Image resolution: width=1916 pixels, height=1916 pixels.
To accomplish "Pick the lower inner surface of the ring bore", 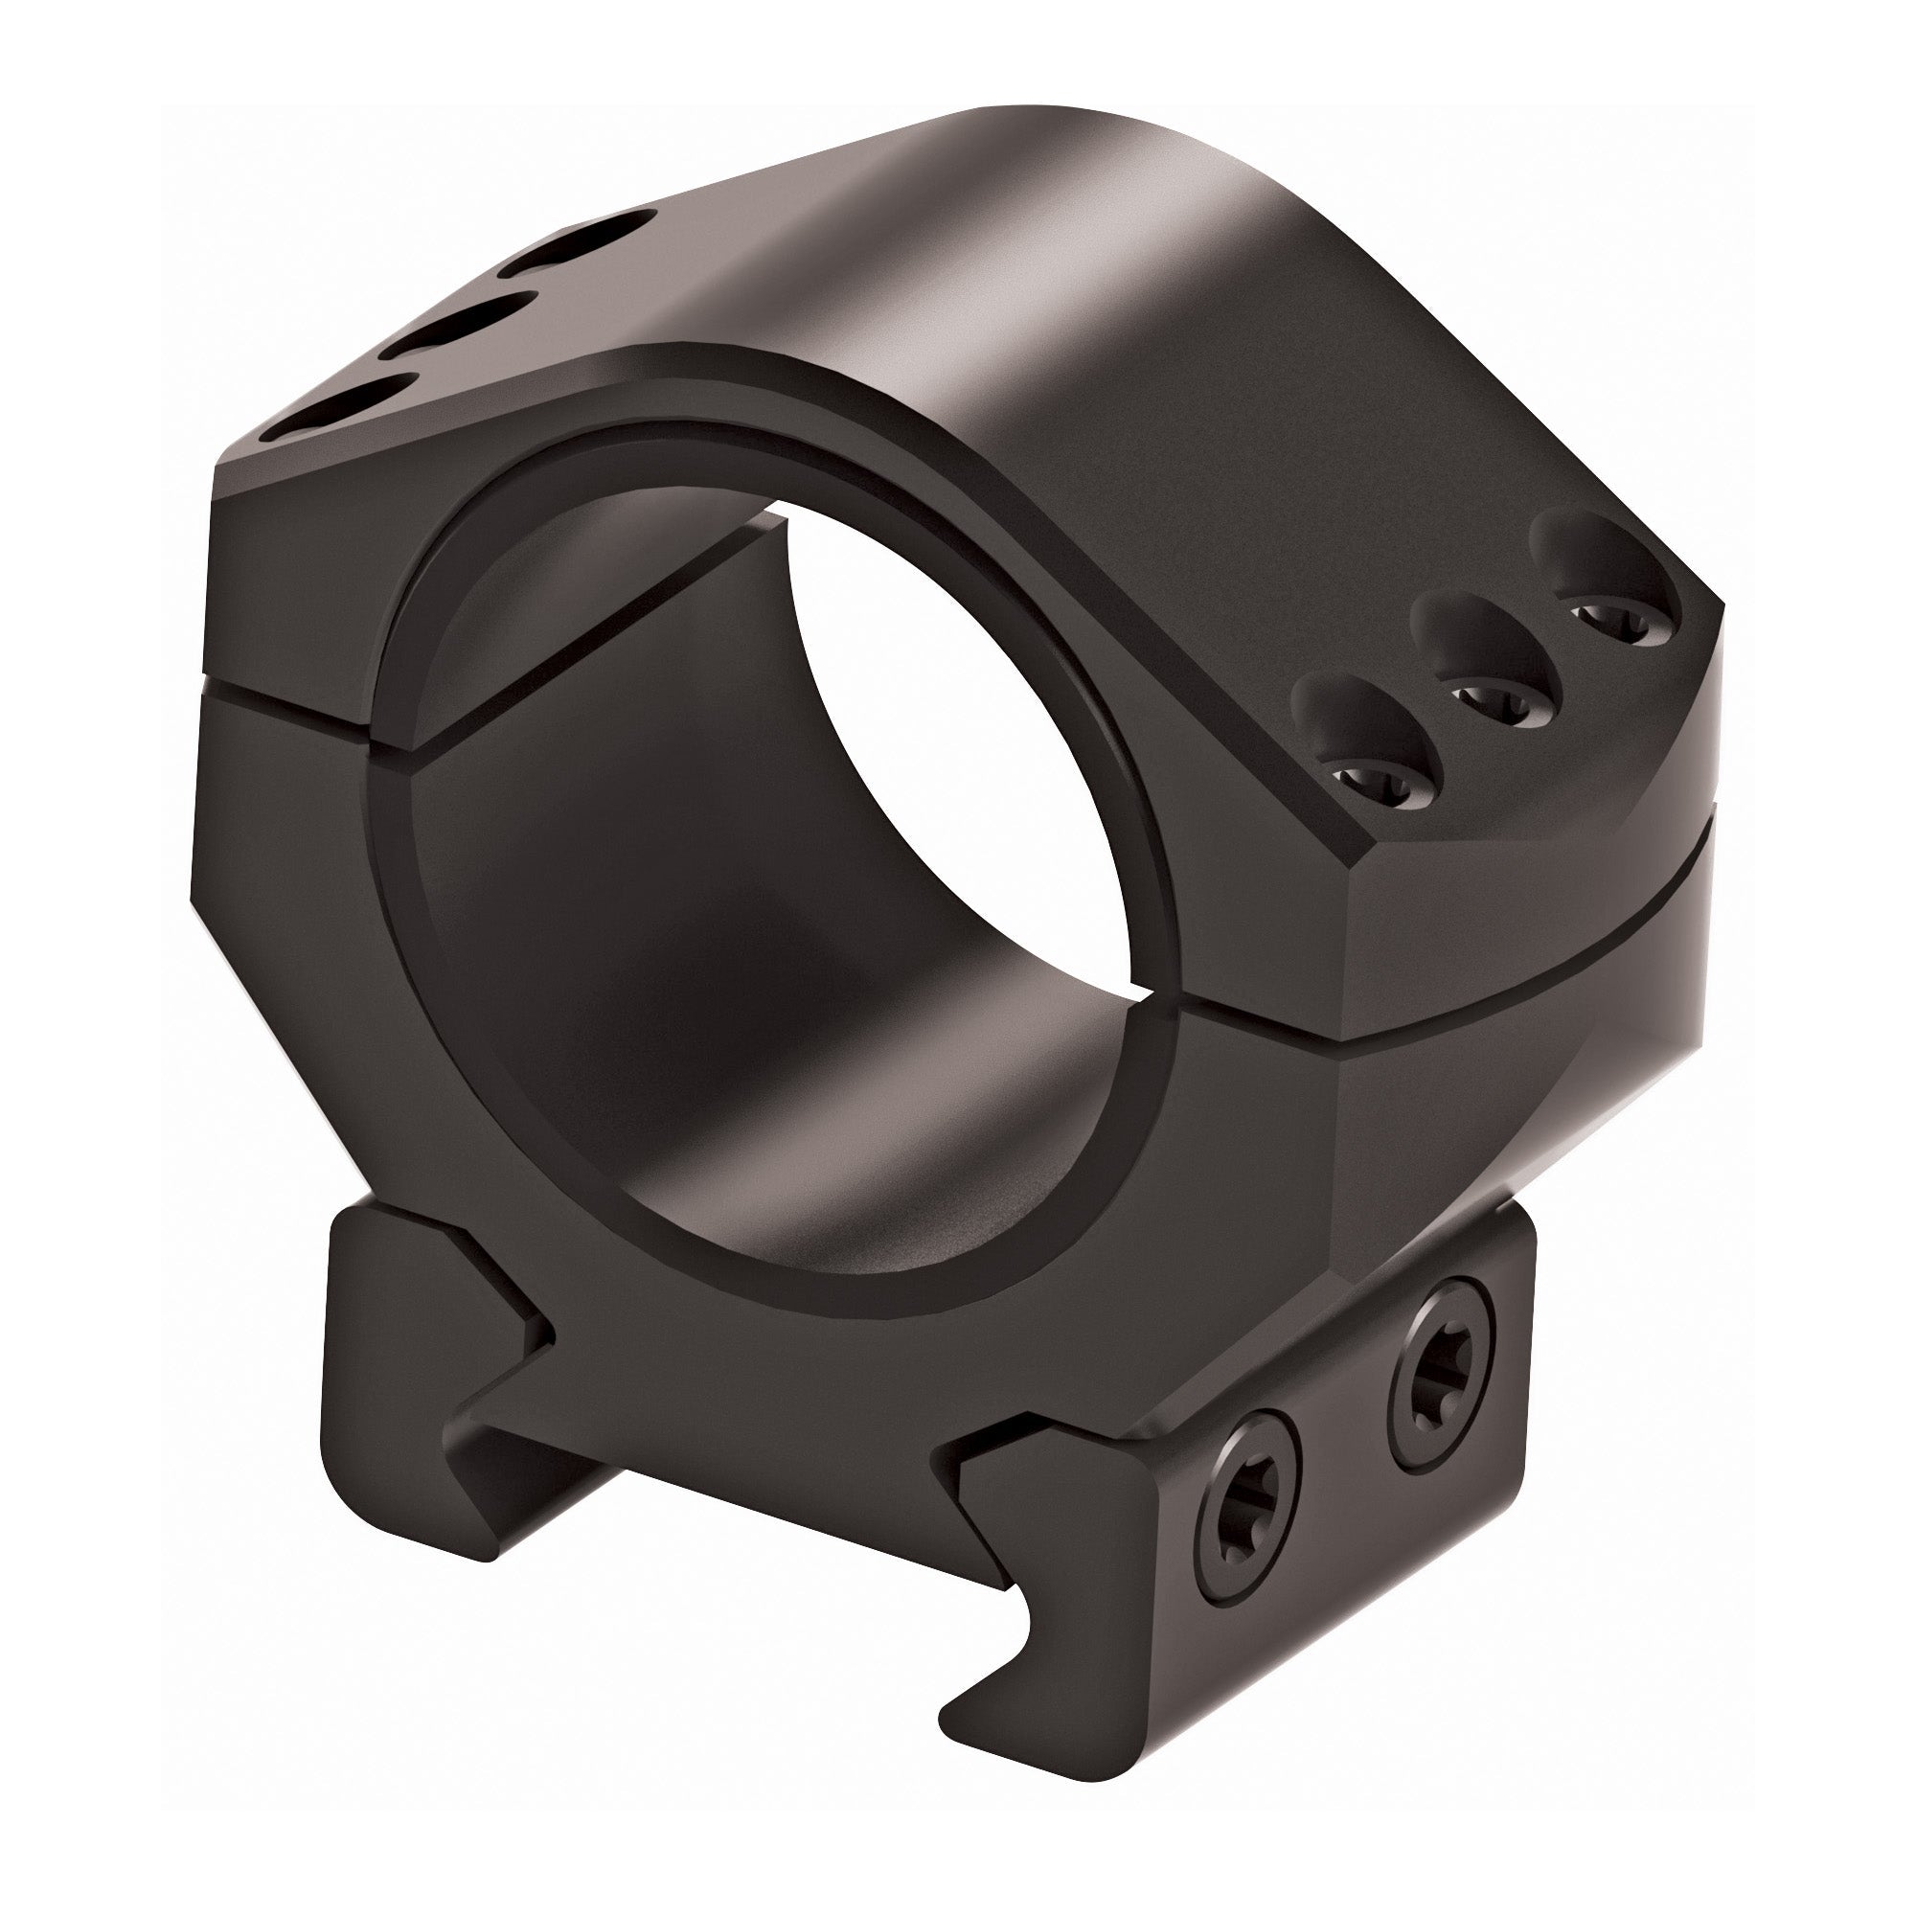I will [x=793, y=1140].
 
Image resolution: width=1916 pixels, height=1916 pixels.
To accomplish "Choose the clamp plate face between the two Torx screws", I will [x=1329, y=1438].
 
